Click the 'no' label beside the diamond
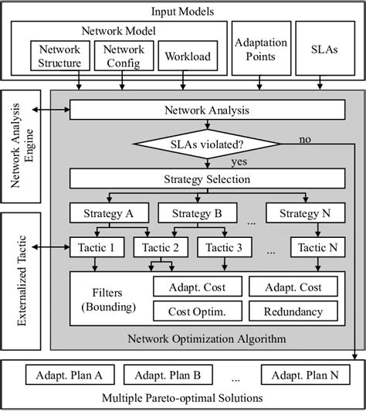pyautogui.click(x=305, y=140)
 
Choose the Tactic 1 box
pyautogui.click(x=96, y=247)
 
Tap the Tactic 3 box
pyautogui.click(x=224, y=247)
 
